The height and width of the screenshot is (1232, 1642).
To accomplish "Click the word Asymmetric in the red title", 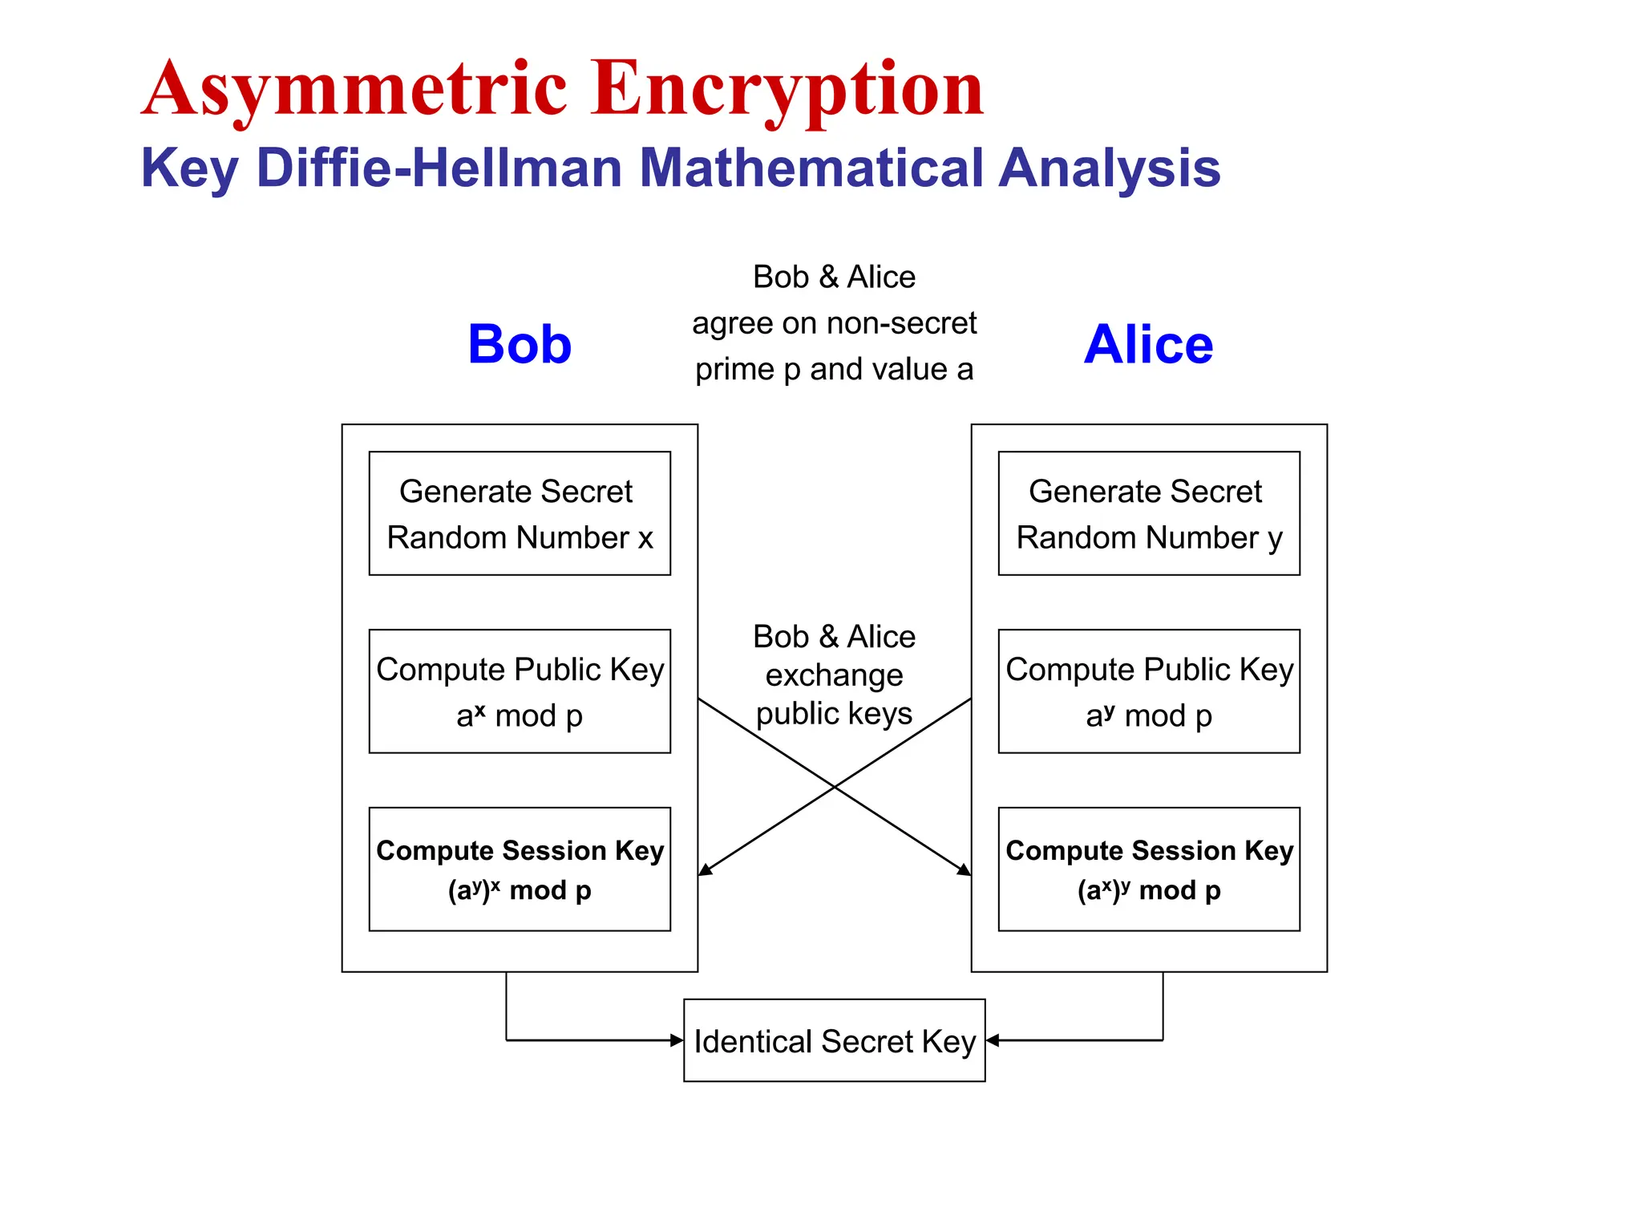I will pos(355,90).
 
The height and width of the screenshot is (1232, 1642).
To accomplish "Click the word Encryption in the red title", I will pos(787,90).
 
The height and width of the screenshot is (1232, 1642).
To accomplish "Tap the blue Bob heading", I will pos(520,344).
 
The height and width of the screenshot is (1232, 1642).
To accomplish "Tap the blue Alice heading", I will pos(1148,344).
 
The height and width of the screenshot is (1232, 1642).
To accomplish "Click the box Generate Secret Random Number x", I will pos(520,513).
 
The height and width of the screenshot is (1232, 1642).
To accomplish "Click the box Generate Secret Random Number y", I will pos(1148,513).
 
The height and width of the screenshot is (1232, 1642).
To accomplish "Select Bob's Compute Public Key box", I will pos(520,691).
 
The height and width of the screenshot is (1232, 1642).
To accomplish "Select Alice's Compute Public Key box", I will pos(1148,691).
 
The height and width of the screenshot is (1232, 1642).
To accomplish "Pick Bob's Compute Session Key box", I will pos(520,869).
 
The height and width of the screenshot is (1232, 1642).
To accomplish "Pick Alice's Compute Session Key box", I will pos(1148,869).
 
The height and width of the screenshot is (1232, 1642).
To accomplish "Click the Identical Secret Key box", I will pos(834,1040).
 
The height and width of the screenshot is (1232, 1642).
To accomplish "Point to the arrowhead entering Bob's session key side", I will pos(705,870).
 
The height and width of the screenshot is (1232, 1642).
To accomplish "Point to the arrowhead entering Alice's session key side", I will pos(965,870).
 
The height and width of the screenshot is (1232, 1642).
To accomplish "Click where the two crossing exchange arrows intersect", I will pos(835,787).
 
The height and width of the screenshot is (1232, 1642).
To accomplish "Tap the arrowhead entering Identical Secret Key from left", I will pos(677,1040).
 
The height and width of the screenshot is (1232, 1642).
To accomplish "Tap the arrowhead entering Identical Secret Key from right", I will pos(993,1040).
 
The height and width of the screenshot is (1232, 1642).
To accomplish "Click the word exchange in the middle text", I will pos(834,675).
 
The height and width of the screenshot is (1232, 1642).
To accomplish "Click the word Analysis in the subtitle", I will pos(1109,168).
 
